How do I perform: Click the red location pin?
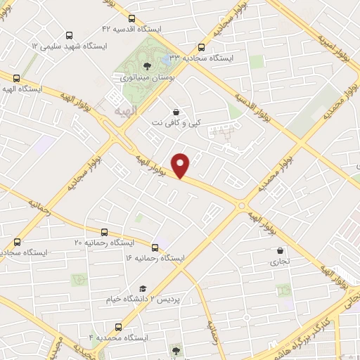coord(181,165)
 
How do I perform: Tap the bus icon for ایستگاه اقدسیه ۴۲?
coord(69,34)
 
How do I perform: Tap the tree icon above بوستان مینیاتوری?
coord(146,65)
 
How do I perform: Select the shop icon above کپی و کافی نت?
coord(175,112)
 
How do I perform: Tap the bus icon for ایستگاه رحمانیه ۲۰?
coord(105,232)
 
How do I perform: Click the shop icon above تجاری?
coord(281,250)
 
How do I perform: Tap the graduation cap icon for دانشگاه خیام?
coord(143,288)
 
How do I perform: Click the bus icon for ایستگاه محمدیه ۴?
coord(117,327)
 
